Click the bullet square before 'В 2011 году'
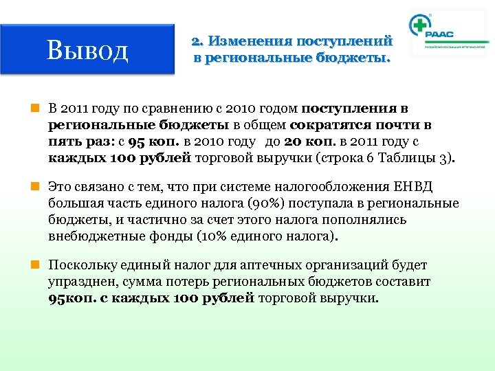(41, 109)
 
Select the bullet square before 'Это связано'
(41, 186)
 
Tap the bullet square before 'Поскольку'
(41, 265)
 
